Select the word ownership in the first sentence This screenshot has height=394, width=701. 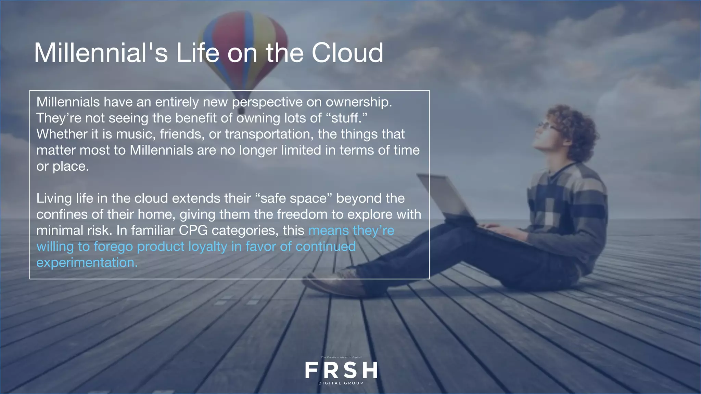[358, 102]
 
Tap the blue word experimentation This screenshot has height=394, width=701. [87, 263]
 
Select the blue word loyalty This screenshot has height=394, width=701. [208, 247]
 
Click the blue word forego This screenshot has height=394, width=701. [113, 247]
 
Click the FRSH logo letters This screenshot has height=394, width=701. [341, 370]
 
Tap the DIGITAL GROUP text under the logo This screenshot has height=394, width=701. [341, 383]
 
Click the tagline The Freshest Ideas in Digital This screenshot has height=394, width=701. [341, 357]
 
